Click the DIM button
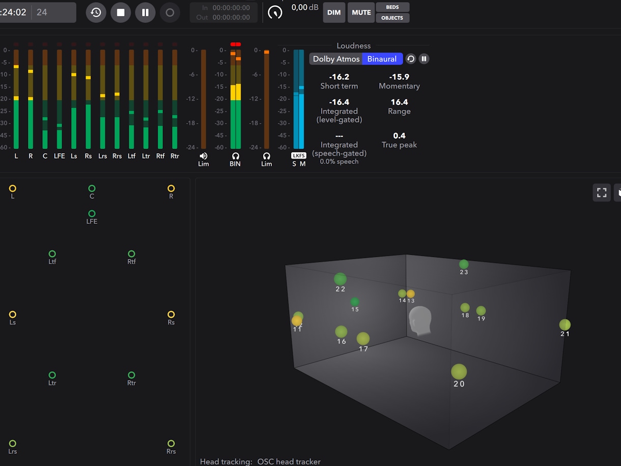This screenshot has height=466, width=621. coord(334,13)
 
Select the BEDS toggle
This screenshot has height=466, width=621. coord(392,7)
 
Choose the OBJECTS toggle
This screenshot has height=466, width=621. coord(392,18)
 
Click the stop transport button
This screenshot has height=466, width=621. coord(121,13)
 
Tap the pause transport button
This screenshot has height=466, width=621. coord(145,13)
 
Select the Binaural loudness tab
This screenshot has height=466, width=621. coord(382,59)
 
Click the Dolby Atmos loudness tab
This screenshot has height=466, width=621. coord(336,59)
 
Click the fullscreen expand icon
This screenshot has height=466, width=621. coord(602,192)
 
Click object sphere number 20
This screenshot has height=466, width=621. coord(459,372)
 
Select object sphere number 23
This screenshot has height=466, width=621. coord(464,264)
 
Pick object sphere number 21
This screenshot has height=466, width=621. coord(564,325)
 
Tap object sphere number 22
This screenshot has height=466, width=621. coord(340,279)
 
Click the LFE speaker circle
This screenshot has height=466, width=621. coord(92,214)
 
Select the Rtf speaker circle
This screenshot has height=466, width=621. coord(131,254)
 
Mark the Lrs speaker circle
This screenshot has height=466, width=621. coord(13,444)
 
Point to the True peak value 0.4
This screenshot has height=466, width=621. coord(399,136)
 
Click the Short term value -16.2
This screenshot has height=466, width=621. coord(339,77)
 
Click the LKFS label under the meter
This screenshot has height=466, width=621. coord(298,156)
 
